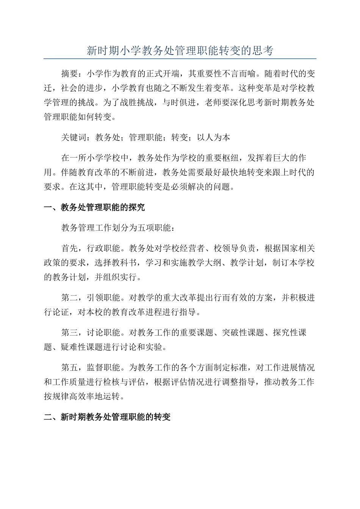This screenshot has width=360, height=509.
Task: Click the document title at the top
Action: [180, 51]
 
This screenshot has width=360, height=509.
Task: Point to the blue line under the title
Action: [180, 59]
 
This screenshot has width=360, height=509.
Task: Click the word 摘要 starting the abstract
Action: [69, 73]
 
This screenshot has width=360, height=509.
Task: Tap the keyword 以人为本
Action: [213, 137]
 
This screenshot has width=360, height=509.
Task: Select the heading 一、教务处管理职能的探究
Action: [94, 208]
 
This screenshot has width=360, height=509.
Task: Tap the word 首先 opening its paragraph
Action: [69, 248]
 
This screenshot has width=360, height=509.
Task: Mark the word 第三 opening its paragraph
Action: [69, 333]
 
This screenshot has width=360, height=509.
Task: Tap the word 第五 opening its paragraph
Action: [69, 368]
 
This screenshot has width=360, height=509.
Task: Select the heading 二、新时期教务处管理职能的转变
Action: [107, 417]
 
